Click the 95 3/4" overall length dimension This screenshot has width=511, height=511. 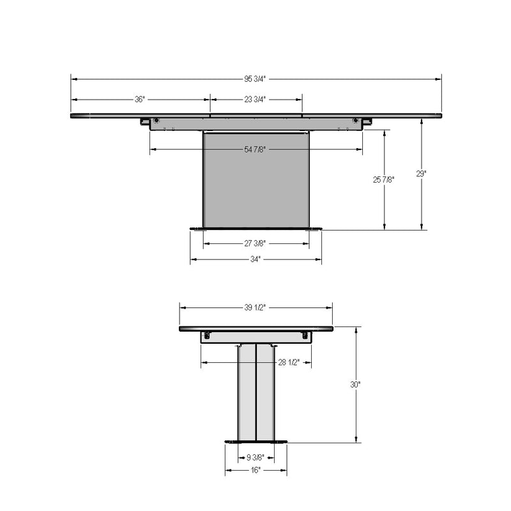(255, 79)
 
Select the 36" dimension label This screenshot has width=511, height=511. (139, 100)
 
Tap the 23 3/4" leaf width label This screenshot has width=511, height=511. (255, 100)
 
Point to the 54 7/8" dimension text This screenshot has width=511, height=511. (255, 149)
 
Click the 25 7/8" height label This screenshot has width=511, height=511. (384, 179)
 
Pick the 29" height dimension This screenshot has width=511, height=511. (421, 174)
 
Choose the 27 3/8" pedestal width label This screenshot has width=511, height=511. (255, 243)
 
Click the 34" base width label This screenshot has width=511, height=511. (256, 259)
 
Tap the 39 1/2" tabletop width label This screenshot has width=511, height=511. (255, 307)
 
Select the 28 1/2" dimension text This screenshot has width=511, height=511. (289, 362)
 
